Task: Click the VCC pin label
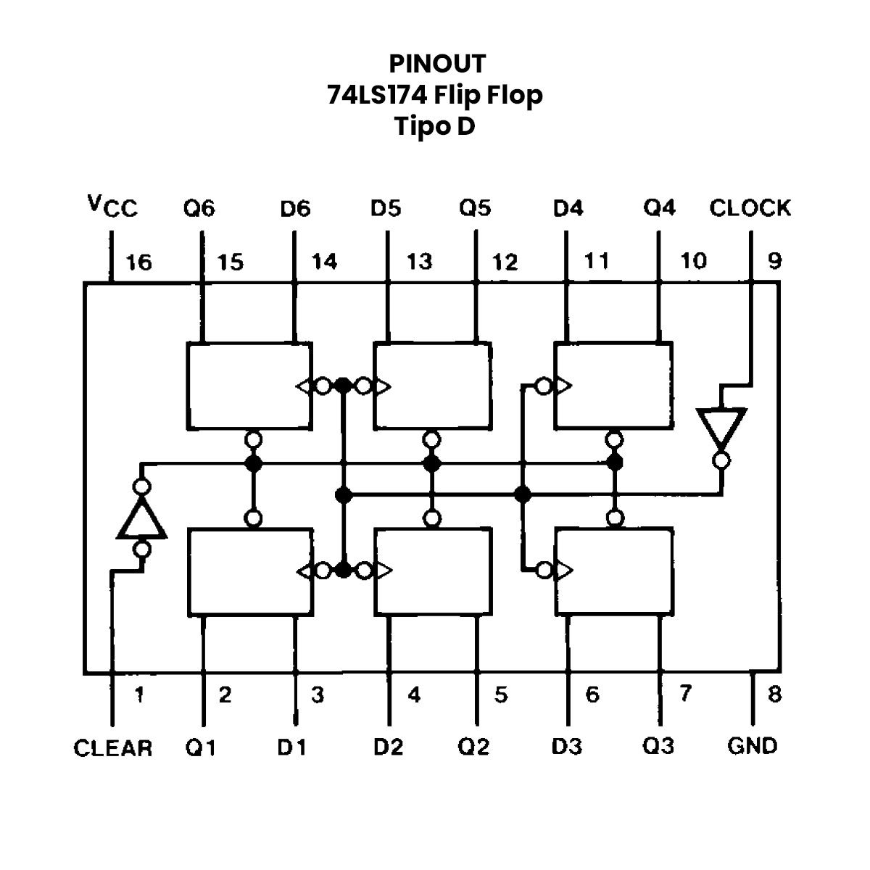112,207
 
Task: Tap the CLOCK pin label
750,209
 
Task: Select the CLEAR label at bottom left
113,748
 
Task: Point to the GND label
752,745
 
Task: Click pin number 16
139,262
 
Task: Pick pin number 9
775,260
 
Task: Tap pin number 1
139,695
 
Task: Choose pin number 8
775,695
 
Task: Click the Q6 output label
199,209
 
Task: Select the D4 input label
568,209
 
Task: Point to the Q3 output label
658,746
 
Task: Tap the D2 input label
388,747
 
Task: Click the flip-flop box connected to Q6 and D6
249,385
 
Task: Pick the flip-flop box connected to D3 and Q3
613,571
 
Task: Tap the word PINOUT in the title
436,64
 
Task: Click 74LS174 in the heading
373,95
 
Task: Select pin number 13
419,261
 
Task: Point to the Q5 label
475,209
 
